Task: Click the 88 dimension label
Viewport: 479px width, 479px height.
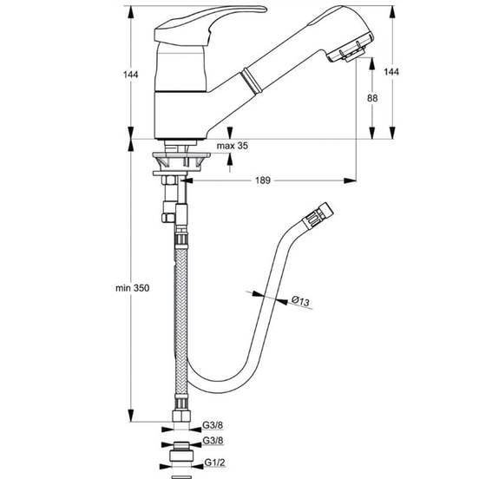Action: [x=372, y=98]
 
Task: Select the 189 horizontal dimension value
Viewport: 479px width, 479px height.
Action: [x=263, y=180]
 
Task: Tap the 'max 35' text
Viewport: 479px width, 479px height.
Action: [x=233, y=146]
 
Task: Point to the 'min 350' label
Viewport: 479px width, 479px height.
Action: [x=132, y=288]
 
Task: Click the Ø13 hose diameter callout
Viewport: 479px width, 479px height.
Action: [x=300, y=300]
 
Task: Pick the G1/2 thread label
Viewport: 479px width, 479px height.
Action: [x=214, y=463]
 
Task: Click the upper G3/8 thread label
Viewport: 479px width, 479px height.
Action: [x=213, y=424]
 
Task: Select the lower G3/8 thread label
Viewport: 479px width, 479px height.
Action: [x=213, y=440]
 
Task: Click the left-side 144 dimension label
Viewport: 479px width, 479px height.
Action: [x=130, y=75]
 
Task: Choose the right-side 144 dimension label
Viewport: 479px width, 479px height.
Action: [x=391, y=71]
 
